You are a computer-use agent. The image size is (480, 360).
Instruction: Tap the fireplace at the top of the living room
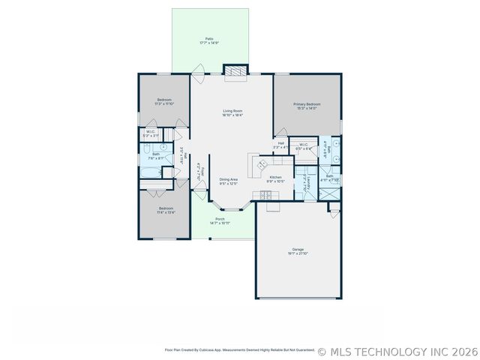click(235, 71)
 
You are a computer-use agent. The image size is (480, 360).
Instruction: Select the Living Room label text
click(232, 111)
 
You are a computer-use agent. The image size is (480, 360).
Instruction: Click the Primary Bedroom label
click(307, 104)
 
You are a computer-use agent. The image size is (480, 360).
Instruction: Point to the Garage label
click(298, 249)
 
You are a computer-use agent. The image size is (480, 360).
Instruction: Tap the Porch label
click(220, 219)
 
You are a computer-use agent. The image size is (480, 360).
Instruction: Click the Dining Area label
click(229, 179)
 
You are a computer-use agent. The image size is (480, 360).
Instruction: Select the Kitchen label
click(276, 177)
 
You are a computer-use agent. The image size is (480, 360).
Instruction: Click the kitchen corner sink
click(263, 163)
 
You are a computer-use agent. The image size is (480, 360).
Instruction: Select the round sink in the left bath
click(163, 147)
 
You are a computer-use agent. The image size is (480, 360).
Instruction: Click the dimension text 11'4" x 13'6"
click(166, 212)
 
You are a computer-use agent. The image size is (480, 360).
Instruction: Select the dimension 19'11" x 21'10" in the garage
click(298, 253)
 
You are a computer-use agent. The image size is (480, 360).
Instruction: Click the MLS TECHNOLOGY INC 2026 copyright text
click(397, 350)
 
